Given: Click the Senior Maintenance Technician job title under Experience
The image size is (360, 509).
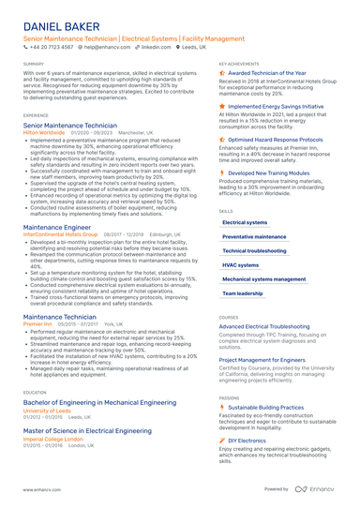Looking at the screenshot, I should coord(69,125).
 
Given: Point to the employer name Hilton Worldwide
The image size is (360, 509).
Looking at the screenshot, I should coord(44,133).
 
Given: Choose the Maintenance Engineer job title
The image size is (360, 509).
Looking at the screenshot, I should coord(57,227).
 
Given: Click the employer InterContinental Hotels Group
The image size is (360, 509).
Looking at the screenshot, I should coord(60,234).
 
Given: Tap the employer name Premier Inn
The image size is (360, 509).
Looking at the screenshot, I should coord(38,322).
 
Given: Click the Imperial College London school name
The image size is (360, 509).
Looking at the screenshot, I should coord(53,438).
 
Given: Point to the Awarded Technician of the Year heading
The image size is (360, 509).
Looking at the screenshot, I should coord(267,72).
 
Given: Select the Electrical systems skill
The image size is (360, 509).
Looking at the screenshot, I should coord(245,222).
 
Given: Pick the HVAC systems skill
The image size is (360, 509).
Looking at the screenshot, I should coord(241,265).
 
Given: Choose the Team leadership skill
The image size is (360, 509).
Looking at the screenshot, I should coord(243,293).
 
